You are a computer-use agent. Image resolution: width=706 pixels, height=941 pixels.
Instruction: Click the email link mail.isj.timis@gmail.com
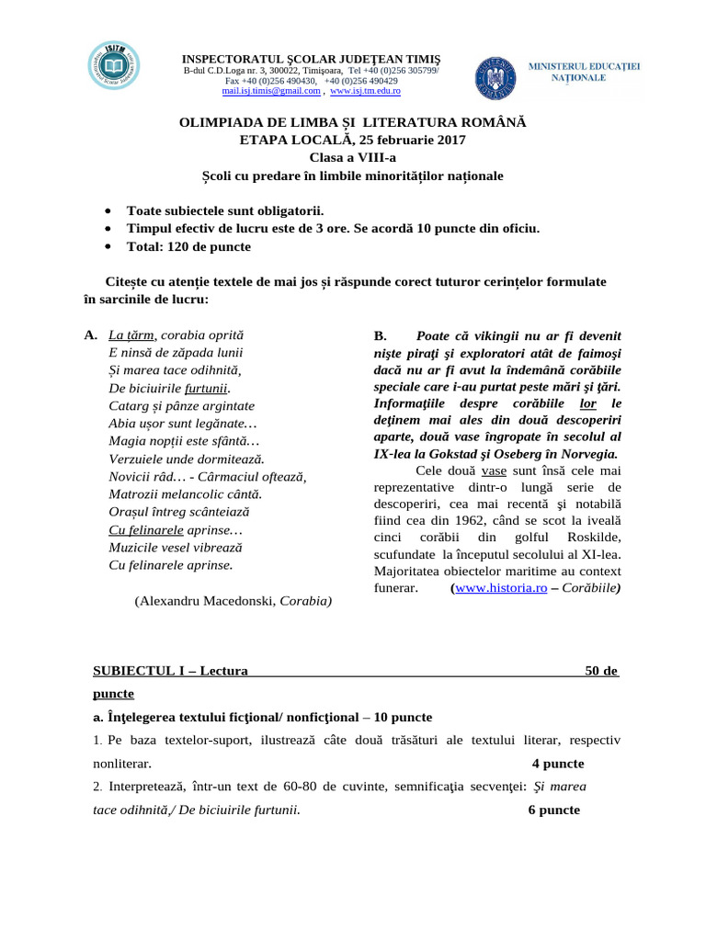point(271,92)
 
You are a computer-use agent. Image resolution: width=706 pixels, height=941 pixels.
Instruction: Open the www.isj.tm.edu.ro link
point(365,92)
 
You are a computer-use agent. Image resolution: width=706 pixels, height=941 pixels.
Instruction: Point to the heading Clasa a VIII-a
point(352,157)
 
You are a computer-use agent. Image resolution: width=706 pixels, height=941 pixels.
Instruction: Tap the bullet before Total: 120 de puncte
point(109,247)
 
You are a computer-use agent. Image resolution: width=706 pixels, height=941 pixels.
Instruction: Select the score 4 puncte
point(557,764)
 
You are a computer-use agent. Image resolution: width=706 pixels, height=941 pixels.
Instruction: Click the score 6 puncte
point(554,810)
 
